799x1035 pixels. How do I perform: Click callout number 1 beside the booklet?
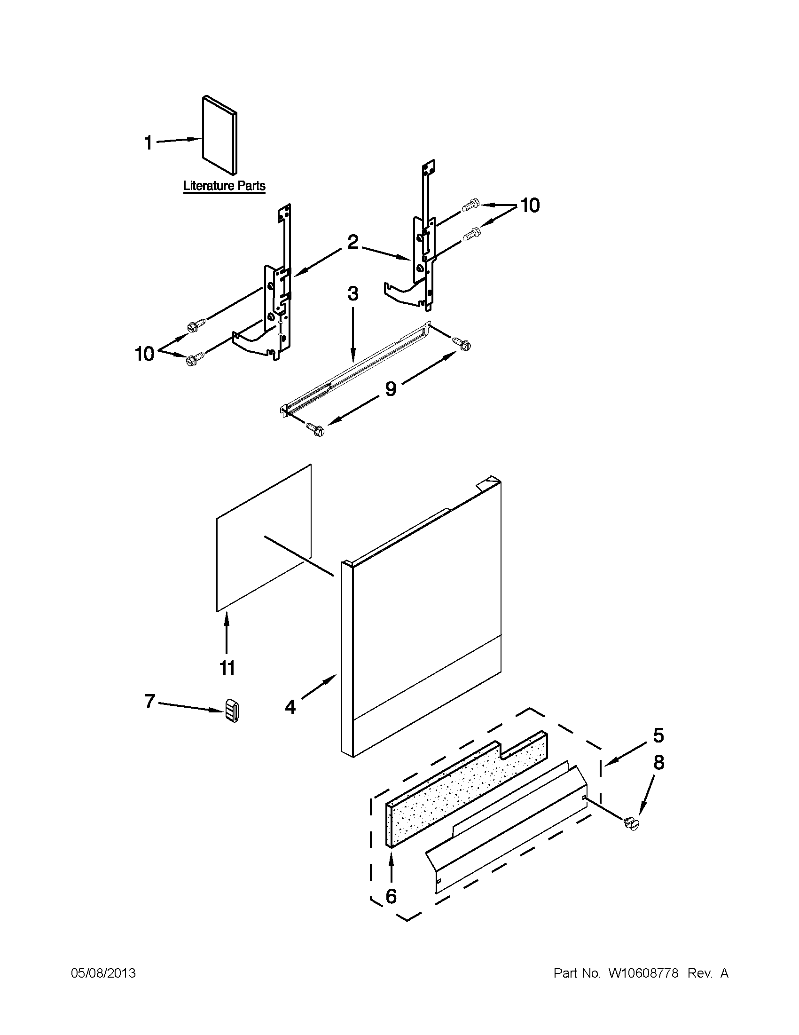[x=148, y=142]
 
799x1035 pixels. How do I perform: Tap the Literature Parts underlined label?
[x=225, y=186]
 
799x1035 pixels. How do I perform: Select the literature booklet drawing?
[x=220, y=135]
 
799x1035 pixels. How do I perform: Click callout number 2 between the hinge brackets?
[x=353, y=242]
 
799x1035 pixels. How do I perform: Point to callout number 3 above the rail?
[x=353, y=294]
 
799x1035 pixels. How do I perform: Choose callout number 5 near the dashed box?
[x=658, y=735]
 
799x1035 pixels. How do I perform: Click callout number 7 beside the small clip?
[x=149, y=701]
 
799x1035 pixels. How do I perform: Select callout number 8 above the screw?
[x=658, y=763]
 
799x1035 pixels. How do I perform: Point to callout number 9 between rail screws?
[x=390, y=388]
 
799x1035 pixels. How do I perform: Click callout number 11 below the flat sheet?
[x=227, y=668]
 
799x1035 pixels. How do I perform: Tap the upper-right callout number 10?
[x=530, y=205]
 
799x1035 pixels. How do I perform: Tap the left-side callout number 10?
[x=145, y=354]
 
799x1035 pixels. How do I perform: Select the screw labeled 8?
[x=631, y=824]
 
